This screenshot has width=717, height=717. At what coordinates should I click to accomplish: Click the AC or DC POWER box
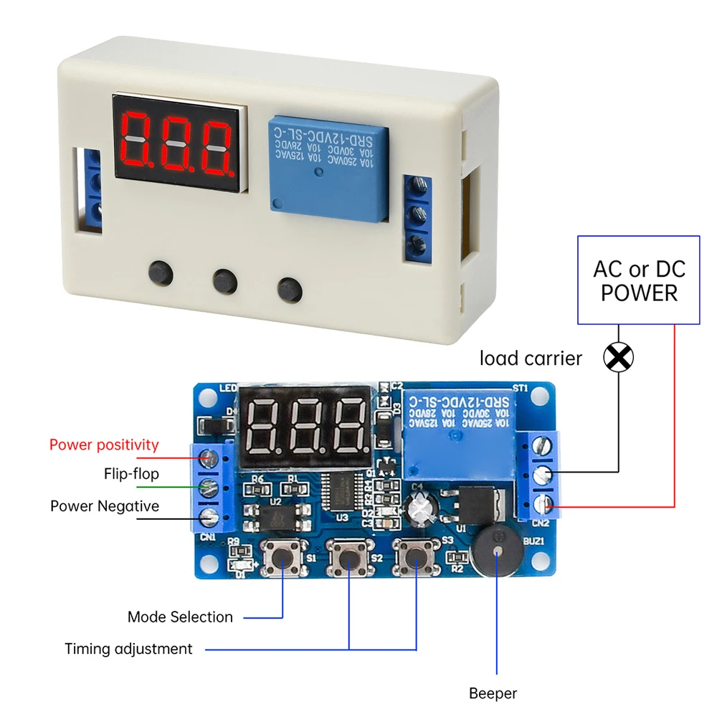pyautogui.click(x=639, y=280)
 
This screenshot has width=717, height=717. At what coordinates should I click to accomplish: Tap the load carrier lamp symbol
pyautogui.click(x=619, y=356)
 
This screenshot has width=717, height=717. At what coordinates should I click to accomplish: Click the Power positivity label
pyautogui.click(x=104, y=445)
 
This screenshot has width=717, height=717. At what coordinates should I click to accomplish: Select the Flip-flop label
pyautogui.click(x=131, y=474)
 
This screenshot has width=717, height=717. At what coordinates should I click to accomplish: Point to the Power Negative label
pyautogui.click(x=105, y=506)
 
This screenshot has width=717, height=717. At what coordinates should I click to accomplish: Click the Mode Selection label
pyautogui.click(x=180, y=617)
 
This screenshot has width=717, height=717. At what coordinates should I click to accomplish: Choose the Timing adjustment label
pyautogui.click(x=128, y=649)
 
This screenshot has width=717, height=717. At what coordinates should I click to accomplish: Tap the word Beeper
pyautogui.click(x=493, y=693)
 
